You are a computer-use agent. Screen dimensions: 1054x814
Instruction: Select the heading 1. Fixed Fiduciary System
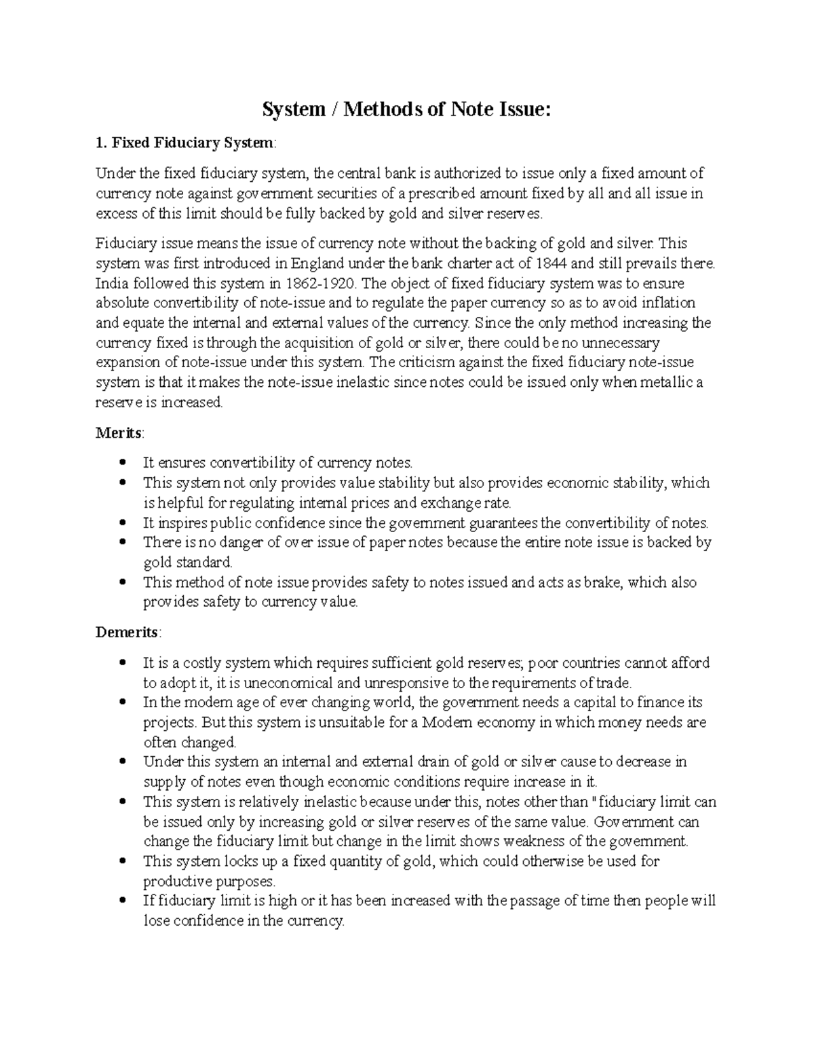coord(186,143)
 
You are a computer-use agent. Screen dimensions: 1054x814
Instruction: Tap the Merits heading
coord(119,433)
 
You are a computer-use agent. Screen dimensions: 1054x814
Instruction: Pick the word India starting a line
coord(111,283)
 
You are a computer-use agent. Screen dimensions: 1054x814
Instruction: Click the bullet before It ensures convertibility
coord(122,463)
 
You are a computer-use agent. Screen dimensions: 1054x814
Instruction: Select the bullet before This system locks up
coord(122,861)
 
